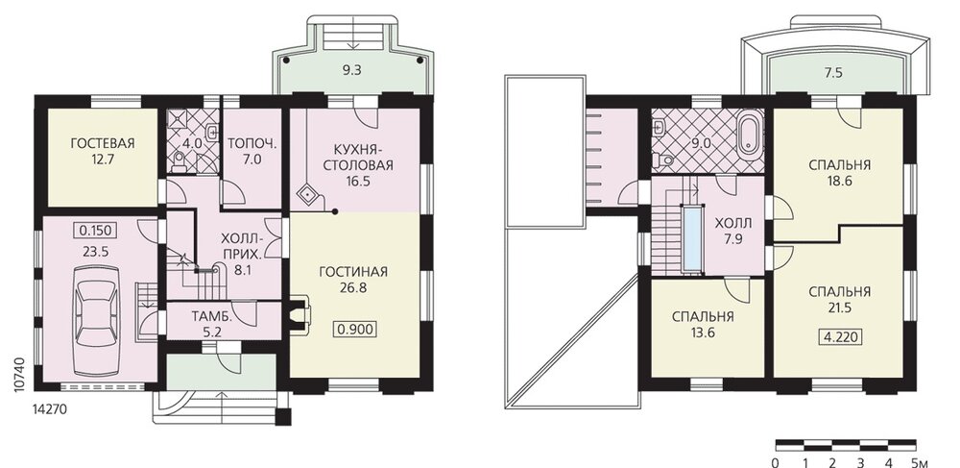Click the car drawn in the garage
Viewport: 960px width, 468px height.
[x=97, y=320]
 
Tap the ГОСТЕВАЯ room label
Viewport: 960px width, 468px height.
[x=103, y=144]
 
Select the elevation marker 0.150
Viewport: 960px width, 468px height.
[x=95, y=231]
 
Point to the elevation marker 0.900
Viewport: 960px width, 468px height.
[x=355, y=330]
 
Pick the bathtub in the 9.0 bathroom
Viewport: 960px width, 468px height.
[x=750, y=135]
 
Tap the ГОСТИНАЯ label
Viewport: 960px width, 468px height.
[x=353, y=272]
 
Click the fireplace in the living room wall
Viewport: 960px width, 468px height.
[x=300, y=316]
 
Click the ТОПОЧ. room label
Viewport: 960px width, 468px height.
[x=252, y=144]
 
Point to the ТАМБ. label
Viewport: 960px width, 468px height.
[x=212, y=317]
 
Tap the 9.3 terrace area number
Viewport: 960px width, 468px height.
[x=351, y=70]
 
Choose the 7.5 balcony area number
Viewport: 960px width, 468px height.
[x=833, y=72]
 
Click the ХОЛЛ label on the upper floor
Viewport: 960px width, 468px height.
[x=732, y=224]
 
